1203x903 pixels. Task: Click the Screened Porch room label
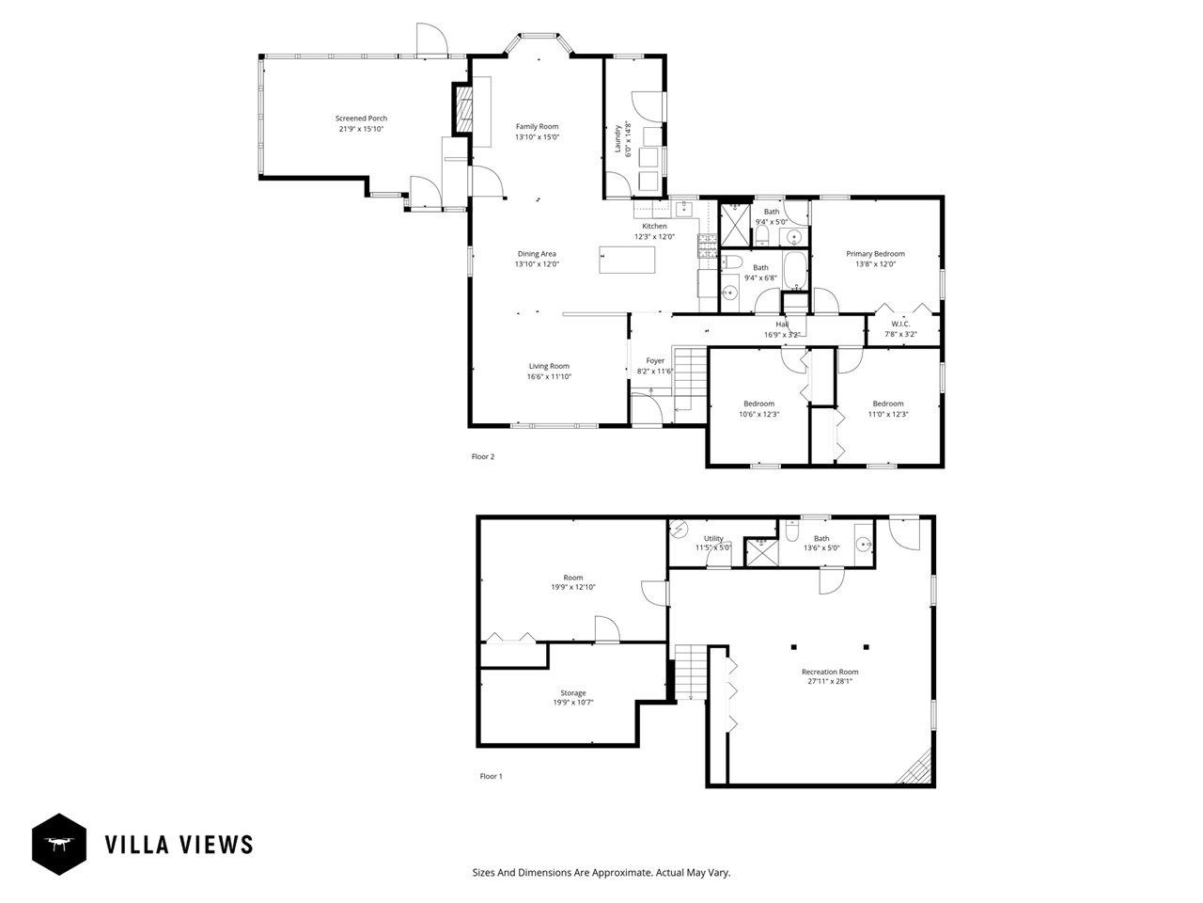pyautogui.click(x=361, y=118)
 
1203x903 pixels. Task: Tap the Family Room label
pyautogui.click(x=537, y=127)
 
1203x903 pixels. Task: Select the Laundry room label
pyautogui.click(x=617, y=138)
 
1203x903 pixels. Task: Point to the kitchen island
pyautogui.click(x=627, y=260)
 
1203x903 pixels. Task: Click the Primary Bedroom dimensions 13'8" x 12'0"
pyautogui.click(x=875, y=263)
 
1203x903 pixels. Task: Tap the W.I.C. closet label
pyautogui.click(x=900, y=324)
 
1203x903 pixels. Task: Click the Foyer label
pyautogui.click(x=655, y=361)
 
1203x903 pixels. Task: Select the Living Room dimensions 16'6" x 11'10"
pyautogui.click(x=549, y=376)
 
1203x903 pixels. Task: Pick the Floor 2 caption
pyautogui.click(x=483, y=456)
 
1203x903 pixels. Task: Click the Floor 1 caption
pyautogui.click(x=491, y=776)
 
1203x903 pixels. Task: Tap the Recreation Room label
pyautogui.click(x=830, y=672)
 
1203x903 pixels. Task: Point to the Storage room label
pyautogui.click(x=572, y=693)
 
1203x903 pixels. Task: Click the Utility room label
pyautogui.click(x=713, y=538)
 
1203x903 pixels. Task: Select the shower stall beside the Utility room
pyautogui.click(x=760, y=552)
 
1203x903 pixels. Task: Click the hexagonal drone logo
pyautogui.click(x=58, y=845)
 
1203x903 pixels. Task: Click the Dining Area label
pyautogui.click(x=537, y=254)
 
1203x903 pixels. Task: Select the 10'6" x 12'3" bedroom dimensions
pyautogui.click(x=759, y=415)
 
